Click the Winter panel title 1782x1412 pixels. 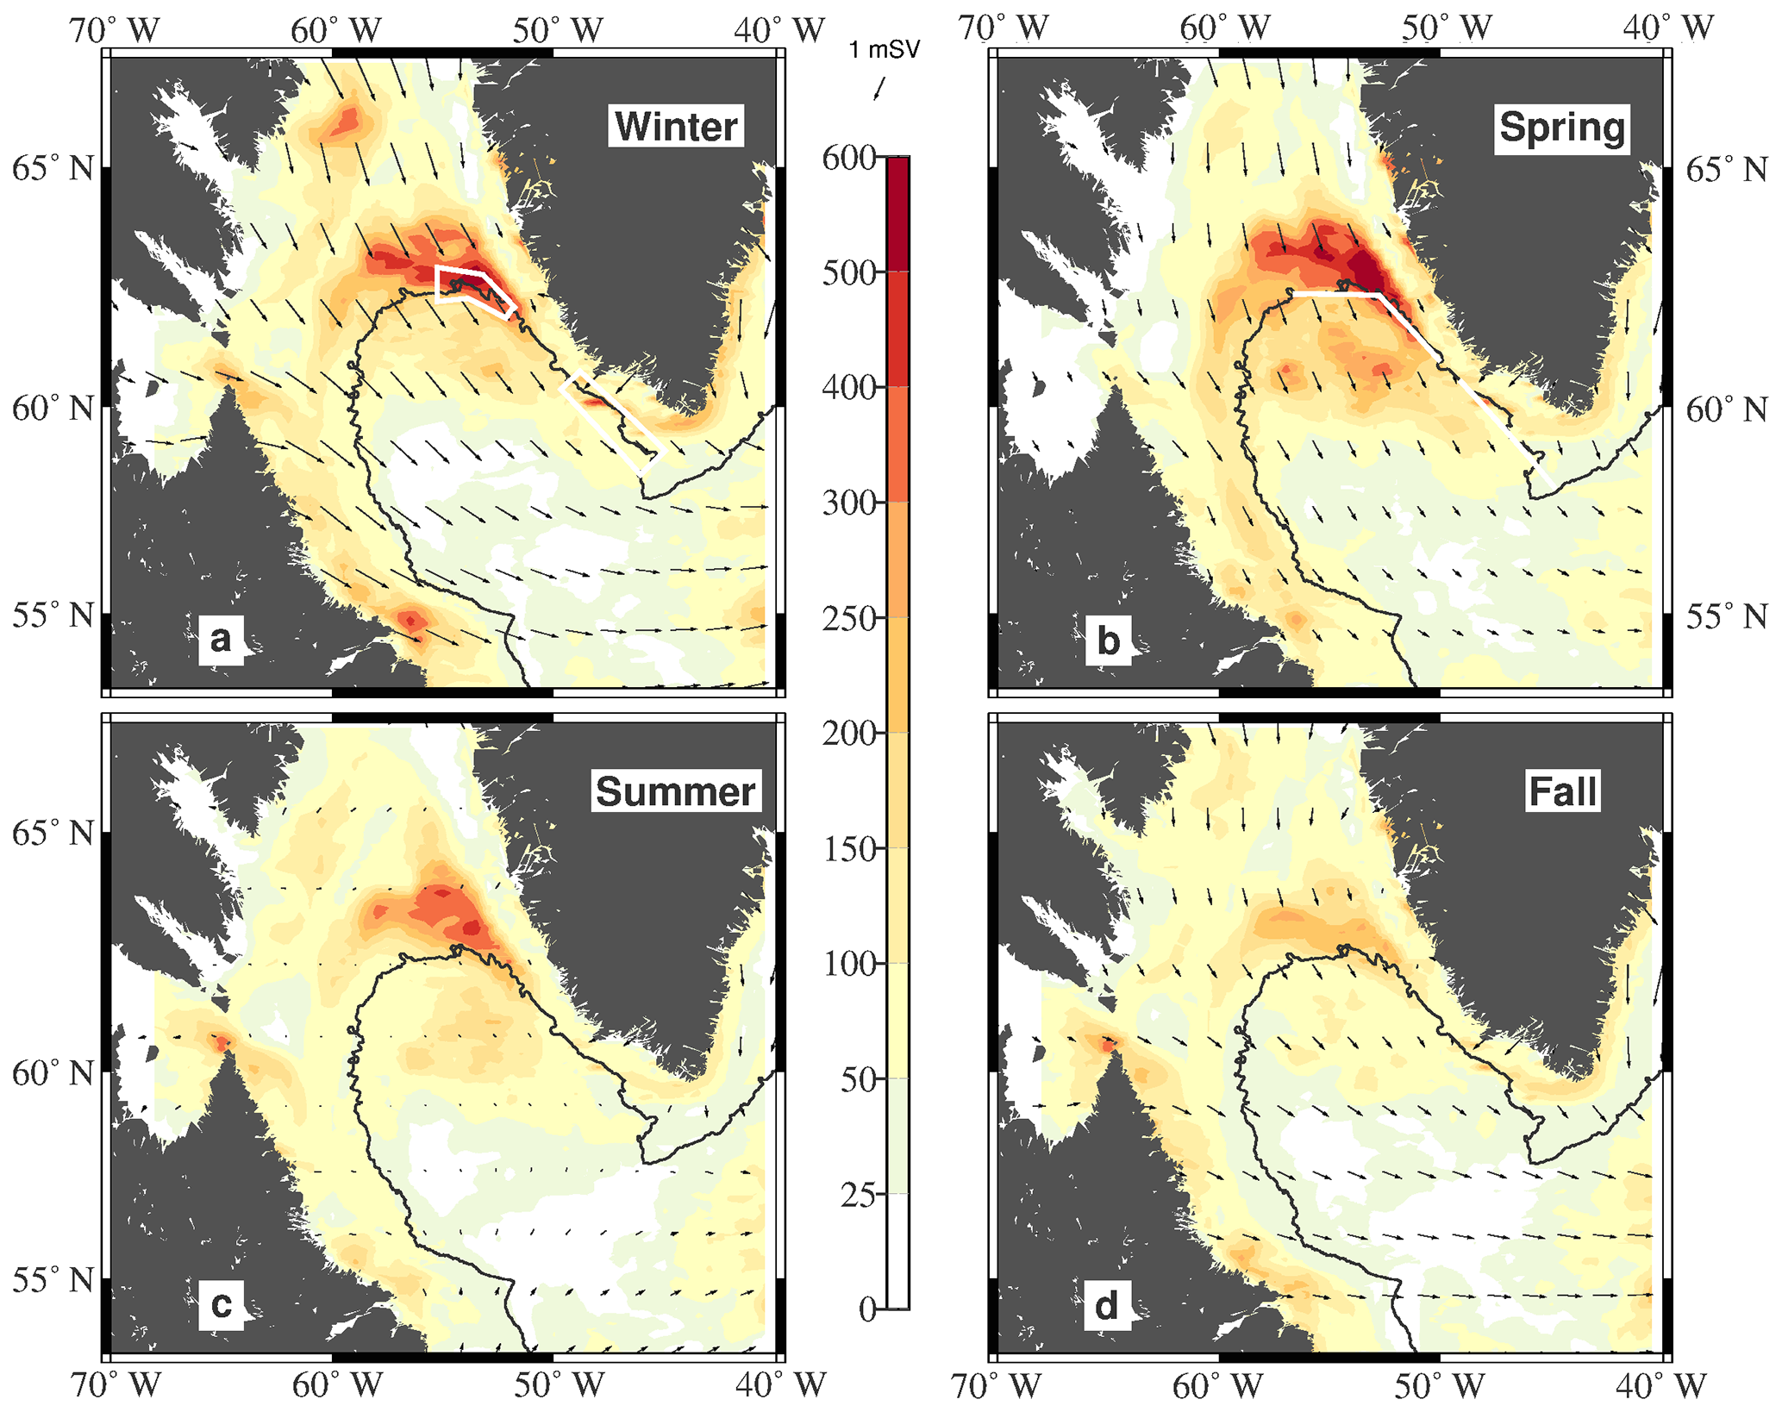click(x=676, y=127)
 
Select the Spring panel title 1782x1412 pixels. click(x=1561, y=128)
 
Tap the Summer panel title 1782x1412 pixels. click(x=676, y=791)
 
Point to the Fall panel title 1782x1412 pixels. click(x=1562, y=791)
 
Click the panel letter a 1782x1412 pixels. click(x=221, y=640)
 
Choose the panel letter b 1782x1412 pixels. click(x=1108, y=640)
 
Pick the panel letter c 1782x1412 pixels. click(x=221, y=1304)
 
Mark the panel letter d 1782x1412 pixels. click(x=1107, y=1305)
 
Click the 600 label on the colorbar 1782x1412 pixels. click(x=848, y=159)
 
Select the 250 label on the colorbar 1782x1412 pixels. click(x=848, y=619)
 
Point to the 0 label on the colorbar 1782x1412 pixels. click(x=867, y=1309)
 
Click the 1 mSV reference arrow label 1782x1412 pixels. click(x=884, y=50)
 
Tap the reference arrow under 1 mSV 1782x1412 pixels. click(x=879, y=88)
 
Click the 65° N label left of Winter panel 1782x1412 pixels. click(x=53, y=169)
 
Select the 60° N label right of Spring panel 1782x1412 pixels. click(x=1727, y=409)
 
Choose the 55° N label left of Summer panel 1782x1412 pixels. click(x=53, y=1280)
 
